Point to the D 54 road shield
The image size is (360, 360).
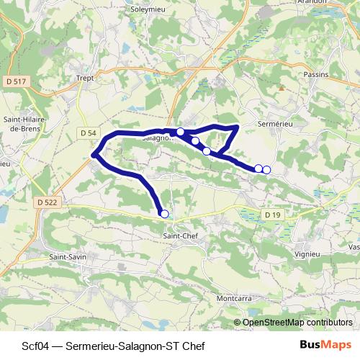(88, 133)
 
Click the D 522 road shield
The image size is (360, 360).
(45, 202)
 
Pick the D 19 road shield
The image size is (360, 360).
(271, 215)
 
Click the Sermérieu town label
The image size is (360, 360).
(274, 124)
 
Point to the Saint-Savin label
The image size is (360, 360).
(68, 256)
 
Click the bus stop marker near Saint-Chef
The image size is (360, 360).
(164, 214)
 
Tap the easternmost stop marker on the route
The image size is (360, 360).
(266, 170)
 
